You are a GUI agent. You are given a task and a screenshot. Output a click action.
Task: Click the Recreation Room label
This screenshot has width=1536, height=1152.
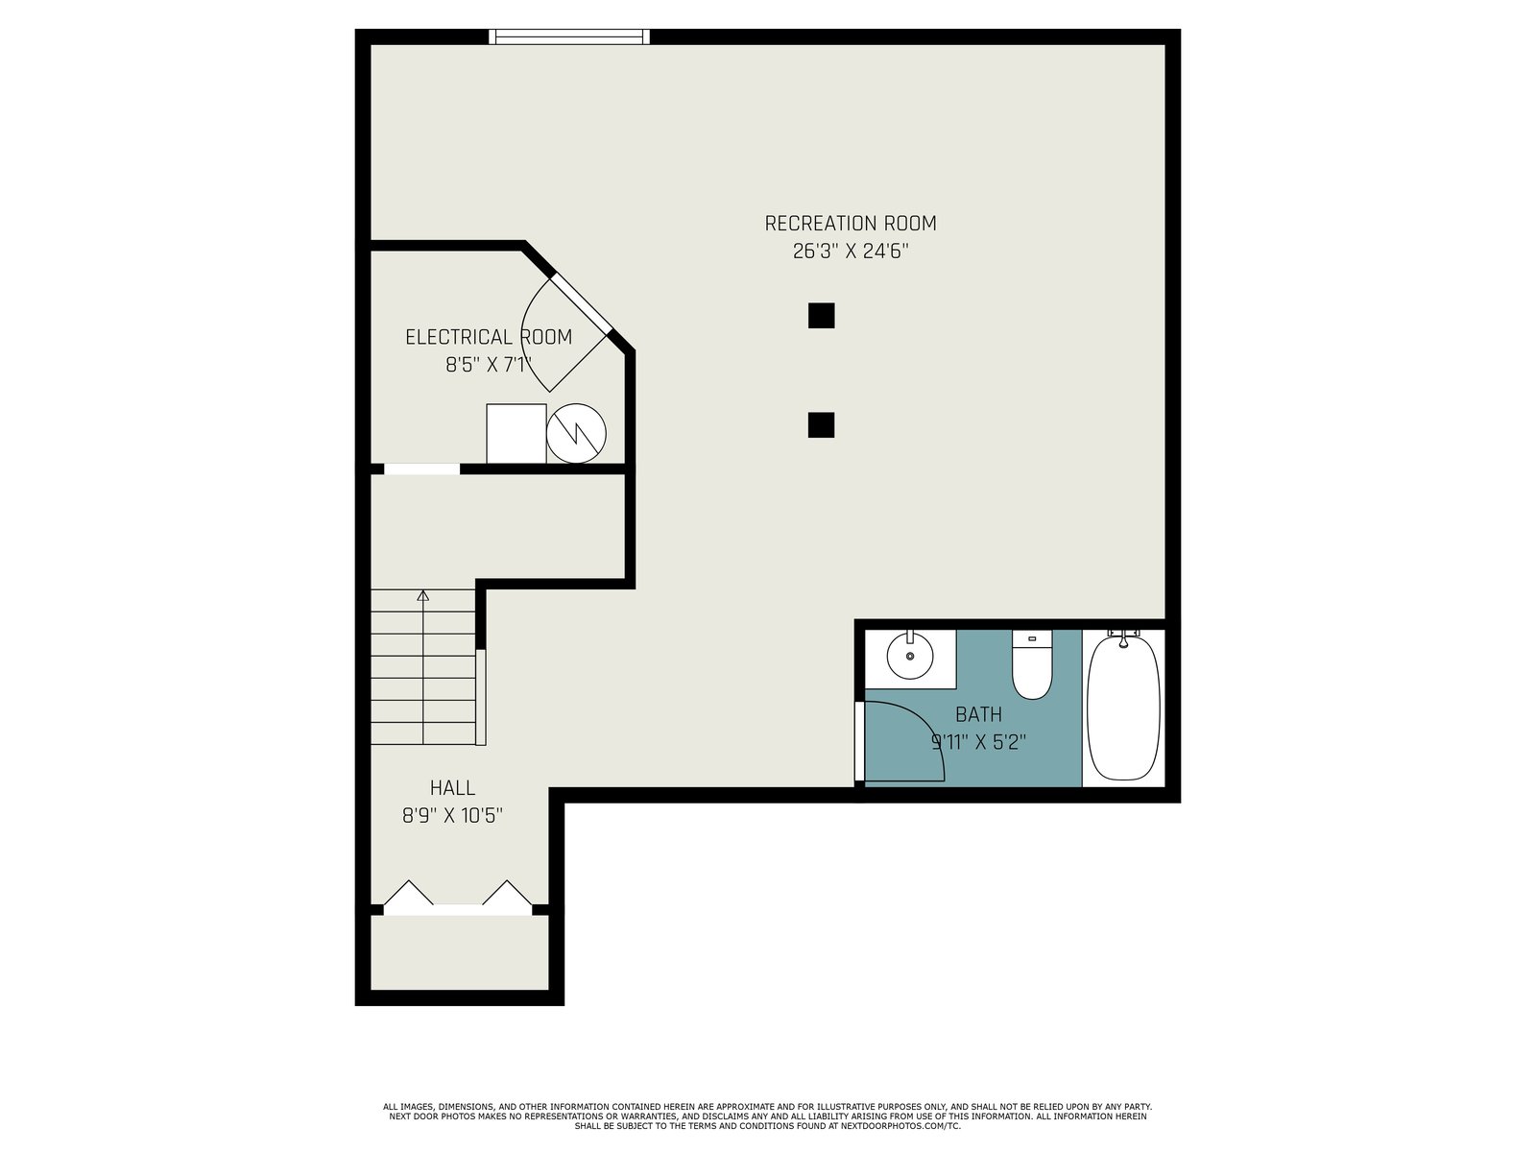850,224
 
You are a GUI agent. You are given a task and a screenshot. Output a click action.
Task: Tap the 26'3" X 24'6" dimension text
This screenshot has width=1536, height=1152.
850,252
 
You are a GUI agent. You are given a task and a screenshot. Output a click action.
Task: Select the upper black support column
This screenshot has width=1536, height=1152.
821,316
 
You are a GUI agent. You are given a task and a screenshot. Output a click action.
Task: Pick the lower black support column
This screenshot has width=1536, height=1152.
821,425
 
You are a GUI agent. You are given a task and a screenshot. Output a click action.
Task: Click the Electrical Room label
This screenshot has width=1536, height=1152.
489,337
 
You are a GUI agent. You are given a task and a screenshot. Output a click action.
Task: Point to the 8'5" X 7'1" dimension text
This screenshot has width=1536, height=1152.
489,365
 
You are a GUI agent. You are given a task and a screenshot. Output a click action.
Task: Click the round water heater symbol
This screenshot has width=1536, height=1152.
576,433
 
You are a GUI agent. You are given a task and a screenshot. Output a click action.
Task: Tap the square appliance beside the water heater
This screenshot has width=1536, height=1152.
516,433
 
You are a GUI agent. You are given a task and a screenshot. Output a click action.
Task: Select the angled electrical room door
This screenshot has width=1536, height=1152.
580,302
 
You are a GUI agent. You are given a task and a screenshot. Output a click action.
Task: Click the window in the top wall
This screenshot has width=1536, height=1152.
569,36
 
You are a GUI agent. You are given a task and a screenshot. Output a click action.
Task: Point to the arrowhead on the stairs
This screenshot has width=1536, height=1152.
422,595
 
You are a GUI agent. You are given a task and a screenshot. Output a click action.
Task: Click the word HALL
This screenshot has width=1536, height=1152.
452,787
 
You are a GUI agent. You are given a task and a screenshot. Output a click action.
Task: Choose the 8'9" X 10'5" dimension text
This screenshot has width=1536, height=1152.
452,816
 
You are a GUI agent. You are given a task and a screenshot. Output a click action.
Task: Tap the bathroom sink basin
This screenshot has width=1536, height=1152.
910,656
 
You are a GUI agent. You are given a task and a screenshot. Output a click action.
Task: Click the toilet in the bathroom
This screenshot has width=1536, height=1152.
1031,663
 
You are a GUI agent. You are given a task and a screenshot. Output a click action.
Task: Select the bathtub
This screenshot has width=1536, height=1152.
1123,707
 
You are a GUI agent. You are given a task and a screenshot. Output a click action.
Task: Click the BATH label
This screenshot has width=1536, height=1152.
978,714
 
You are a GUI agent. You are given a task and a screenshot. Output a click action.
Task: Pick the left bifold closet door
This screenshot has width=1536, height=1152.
409,893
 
